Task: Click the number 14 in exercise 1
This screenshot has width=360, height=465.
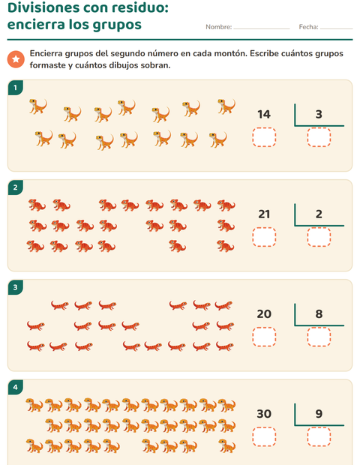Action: pos(264,114)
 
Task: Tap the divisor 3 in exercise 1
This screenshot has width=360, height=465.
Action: pos(319,114)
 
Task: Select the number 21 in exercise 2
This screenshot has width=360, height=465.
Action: pos(264,214)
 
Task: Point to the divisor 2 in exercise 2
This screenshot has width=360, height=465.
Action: pos(319,214)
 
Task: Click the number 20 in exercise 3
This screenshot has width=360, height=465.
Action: pos(264,313)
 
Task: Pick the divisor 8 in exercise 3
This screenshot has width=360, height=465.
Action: pos(319,313)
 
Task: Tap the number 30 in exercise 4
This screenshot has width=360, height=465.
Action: pos(264,414)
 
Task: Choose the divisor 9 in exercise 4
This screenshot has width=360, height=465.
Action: pos(319,414)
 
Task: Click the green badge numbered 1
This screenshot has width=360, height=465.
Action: pos(16,88)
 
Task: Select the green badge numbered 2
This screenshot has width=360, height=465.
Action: pos(16,187)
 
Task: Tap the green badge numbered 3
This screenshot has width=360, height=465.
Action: pos(16,287)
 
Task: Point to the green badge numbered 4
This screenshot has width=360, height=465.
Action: pos(16,387)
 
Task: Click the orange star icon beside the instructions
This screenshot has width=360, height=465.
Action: pos(16,59)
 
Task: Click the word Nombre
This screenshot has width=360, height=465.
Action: pos(219,27)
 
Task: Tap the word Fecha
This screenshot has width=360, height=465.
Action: pos(309,27)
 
